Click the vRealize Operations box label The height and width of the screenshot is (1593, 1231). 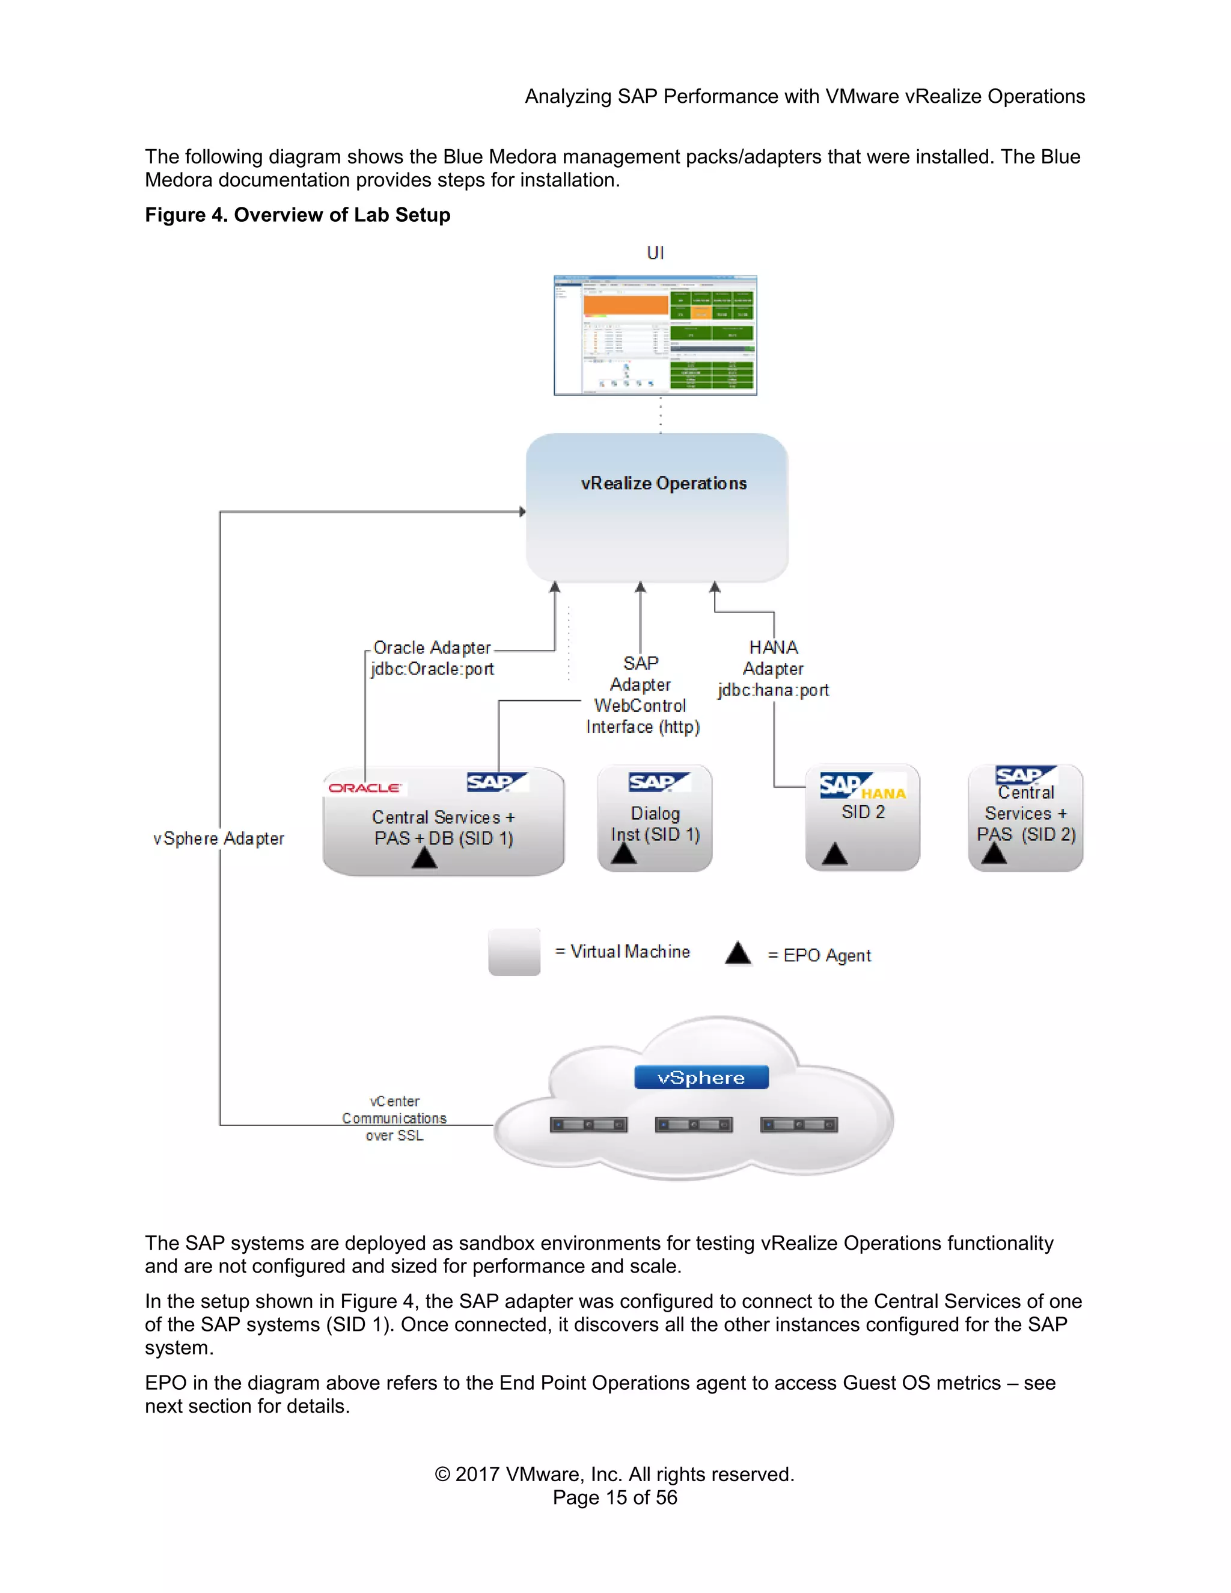664,483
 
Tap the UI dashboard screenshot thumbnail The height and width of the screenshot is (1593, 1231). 655,335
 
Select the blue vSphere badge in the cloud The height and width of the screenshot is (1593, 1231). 701,1077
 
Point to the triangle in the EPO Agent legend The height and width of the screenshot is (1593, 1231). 738,953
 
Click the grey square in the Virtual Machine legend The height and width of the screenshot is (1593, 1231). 514,952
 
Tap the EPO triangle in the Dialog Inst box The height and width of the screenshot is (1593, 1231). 623,854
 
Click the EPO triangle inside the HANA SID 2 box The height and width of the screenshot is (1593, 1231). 834,854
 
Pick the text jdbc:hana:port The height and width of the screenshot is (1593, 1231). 773,690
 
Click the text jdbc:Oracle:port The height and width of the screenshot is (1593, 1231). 432,669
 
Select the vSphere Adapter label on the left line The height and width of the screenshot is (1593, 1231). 219,839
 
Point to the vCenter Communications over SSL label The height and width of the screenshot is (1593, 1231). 394,1118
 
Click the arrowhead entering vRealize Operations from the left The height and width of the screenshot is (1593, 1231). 522,512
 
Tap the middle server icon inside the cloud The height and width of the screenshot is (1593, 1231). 694,1125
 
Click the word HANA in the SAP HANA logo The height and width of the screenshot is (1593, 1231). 883,793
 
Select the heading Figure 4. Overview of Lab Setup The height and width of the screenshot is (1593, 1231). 298,215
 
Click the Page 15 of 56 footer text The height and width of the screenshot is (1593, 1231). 615,1497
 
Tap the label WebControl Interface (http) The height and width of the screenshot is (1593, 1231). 642,717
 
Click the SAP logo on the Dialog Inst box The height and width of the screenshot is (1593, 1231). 658,782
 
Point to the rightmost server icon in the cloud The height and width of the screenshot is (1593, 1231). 799,1125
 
